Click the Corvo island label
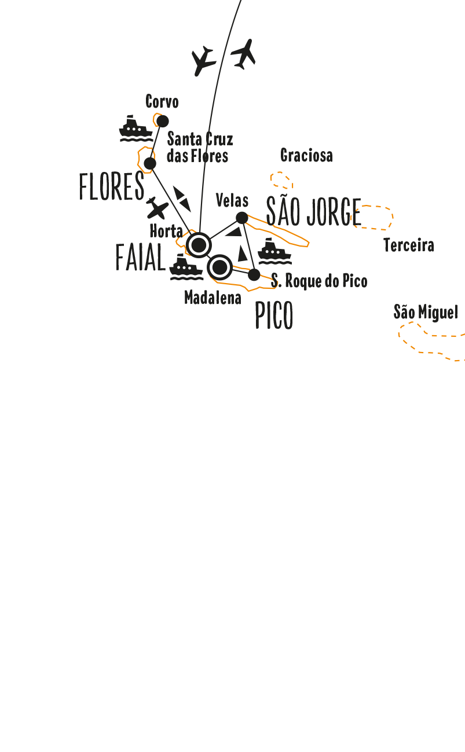tap(162, 101)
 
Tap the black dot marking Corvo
tap(163, 121)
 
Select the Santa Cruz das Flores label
tap(200, 148)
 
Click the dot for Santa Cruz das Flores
tap(150, 163)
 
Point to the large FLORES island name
tap(112, 186)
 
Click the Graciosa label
tap(306, 155)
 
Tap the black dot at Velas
tap(241, 218)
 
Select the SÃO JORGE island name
tap(314, 211)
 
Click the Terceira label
tap(409, 245)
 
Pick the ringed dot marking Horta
tap(199, 245)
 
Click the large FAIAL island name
tap(141, 257)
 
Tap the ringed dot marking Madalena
tap(219, 267)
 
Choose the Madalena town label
tap(213, 298)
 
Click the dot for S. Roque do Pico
tap(254, 275)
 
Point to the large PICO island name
tap(274, 315)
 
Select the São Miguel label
tap(426, 312)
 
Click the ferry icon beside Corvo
tap(136, 129)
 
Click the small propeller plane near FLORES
tap(157, 208)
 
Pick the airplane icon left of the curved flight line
tap(203, 61)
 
